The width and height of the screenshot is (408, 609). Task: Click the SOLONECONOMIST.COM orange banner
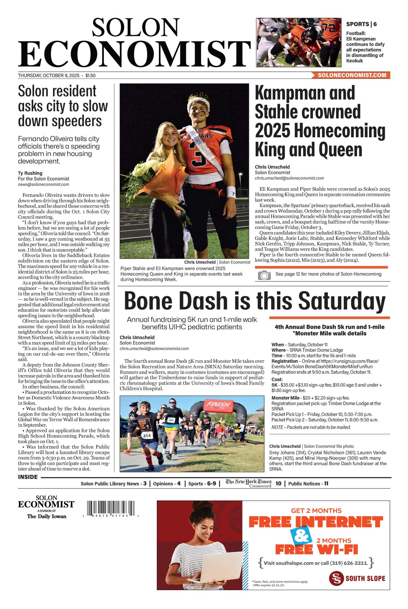click(x=351, y=75)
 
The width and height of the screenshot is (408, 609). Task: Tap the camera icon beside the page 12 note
click(x=264, y=275)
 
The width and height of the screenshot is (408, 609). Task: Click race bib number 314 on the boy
click(x=147, y=436)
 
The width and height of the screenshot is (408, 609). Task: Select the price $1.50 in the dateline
click(x=90, y=75)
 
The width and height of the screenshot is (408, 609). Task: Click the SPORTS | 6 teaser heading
click(x=361, y=24)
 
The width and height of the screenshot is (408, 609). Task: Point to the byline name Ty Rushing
click(x=30, y=173)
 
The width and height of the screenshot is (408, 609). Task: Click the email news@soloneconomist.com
click(x=43, y=184)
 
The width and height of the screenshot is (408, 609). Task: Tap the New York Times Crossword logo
click(x=248, y=484)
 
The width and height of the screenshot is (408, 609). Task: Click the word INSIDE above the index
click(x=28, y=477)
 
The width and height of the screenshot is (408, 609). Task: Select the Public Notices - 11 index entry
click(x=308, y=484)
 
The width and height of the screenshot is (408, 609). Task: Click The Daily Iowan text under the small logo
click(x=46, y=516)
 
